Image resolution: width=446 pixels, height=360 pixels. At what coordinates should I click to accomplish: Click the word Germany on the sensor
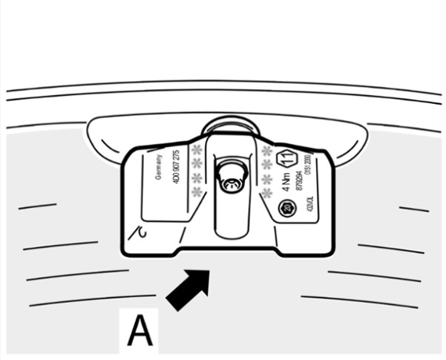[159, 168]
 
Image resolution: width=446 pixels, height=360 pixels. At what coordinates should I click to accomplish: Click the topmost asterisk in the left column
[197, 150]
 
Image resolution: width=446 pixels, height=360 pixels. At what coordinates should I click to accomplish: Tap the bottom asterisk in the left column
[197, 192]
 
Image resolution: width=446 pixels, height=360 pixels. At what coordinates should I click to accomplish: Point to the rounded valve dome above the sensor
[229, 125]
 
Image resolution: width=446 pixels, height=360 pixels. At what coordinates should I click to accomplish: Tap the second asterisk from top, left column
[197, 164]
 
